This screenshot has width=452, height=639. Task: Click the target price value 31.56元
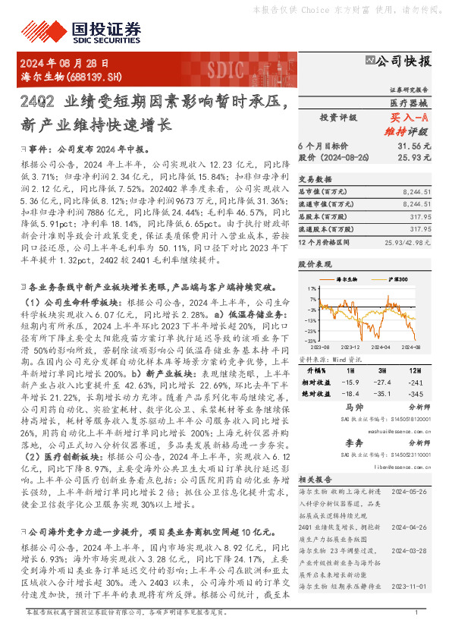(x=414, y=145)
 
